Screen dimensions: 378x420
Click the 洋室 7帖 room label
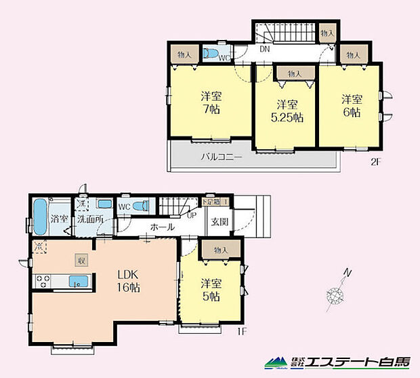[207, 102]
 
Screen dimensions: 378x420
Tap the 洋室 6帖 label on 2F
[350, 102]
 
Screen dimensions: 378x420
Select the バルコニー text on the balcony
[222, 157]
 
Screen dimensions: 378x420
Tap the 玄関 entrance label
[219, 222]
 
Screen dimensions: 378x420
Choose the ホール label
[163, 227]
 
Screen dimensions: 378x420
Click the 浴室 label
[59, 219]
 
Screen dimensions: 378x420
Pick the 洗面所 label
[89, 219]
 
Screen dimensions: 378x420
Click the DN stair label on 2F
[265, 50]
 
